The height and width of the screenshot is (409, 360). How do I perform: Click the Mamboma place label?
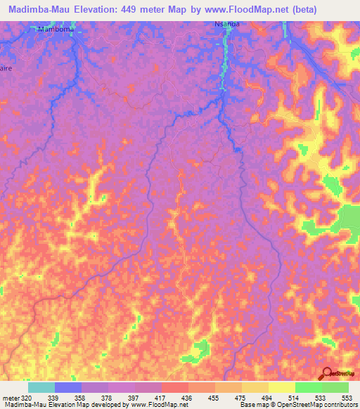[54, 30]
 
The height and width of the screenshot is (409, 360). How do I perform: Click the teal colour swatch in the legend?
[41, 387]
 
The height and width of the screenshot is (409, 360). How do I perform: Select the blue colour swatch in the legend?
[68, 387]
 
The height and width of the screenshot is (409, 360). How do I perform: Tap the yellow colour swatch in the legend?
[281, 387]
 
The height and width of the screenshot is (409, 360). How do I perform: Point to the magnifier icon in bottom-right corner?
[327, 375]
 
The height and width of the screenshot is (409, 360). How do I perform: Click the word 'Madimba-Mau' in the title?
[35, 9]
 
